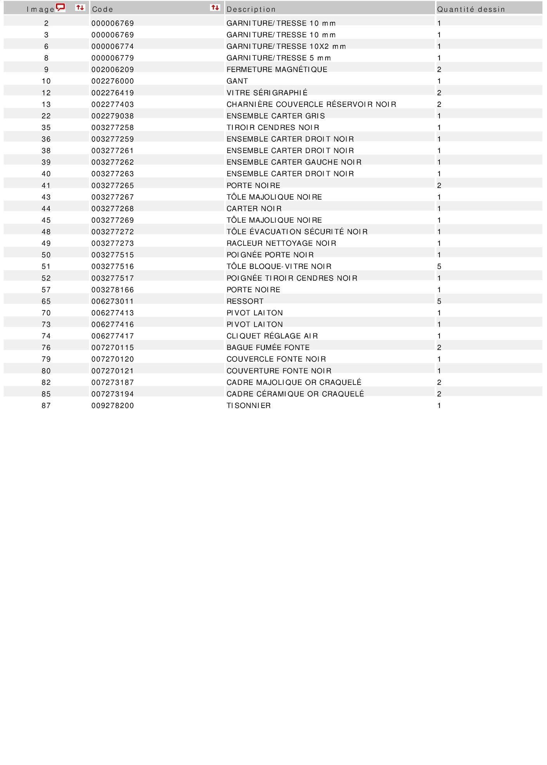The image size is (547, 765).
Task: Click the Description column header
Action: (251, 9)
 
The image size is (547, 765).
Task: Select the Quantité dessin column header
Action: (471, 9)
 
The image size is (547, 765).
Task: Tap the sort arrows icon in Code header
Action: (215, 8)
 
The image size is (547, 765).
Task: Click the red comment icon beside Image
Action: (61, 8)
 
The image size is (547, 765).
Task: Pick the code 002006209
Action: (113, 70)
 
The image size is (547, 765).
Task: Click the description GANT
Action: (237, 81)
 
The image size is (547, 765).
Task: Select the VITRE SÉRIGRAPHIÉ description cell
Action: (267, 93)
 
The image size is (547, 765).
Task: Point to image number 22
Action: (46, 116)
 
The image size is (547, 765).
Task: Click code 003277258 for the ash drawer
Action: (113, 127)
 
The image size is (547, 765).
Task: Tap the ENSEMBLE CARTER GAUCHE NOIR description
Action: (294, 162)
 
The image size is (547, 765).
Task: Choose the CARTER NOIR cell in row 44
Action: (254, 209)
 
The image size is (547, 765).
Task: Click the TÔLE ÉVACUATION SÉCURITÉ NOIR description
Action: (297, 232)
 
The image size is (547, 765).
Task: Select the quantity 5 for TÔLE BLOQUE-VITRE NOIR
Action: (439, 267)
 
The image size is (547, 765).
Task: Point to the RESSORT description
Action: (245, 302)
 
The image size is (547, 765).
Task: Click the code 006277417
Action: (113, 336)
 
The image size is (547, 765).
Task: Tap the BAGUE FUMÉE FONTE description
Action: (268, 348)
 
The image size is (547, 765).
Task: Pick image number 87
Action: (46, 406)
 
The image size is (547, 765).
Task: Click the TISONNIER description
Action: (248, 406)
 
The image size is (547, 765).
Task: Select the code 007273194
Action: (113, 394)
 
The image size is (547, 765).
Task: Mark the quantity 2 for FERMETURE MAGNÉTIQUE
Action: (439, 70)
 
